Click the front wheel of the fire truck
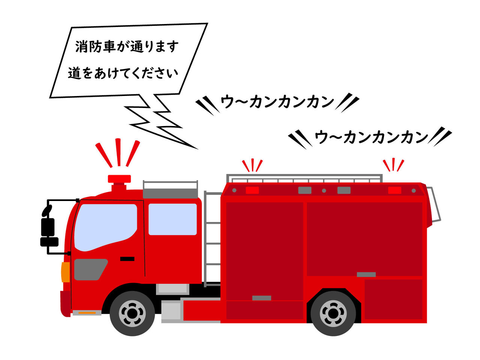[x=132, y=313]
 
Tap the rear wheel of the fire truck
[x=333, y=313]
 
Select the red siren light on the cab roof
[x=119, y=179]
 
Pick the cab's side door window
[x=172, y=219]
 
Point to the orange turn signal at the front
[x=66, y=272]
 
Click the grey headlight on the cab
[x=89, y=269]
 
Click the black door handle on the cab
[x=127, y=259]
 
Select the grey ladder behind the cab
[x=213, y=236]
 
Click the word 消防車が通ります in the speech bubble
[x=127, y=47]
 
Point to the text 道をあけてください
[x=123, y=73]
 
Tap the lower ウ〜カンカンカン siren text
[x=371, y=137]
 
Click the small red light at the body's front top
[x=252, y=190]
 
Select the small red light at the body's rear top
[x=394, y=190]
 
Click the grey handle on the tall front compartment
[x=261, y=298]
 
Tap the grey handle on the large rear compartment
[x=366, y=274]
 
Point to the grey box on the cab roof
[x=170, y=193]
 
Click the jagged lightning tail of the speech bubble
[x=157, y=120]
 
